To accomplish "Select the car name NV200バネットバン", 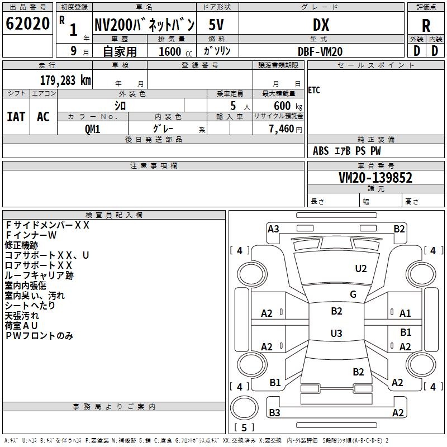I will [144, 24].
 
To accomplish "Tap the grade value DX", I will [321, 24].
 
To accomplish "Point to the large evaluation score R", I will [426, 25].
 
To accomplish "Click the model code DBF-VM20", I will [320, 51].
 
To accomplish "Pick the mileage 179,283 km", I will [65, 80].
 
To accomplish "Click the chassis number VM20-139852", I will [375, 178].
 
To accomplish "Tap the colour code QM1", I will [92, 129].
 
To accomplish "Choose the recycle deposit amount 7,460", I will [282, 129].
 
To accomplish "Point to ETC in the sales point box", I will [314, 91].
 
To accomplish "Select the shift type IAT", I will [16, 116].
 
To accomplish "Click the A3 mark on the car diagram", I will [273, 229].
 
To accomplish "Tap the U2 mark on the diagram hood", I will [361, 269].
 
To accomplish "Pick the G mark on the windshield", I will [353, 294].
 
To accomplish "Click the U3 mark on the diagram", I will [336, 334].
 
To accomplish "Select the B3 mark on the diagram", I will [274, 413].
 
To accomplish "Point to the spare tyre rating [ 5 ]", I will [244, 428].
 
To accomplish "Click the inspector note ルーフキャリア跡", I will [39, 275].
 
